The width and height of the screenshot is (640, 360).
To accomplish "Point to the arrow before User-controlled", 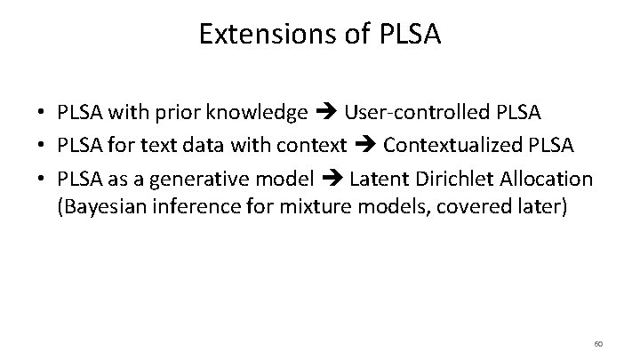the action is (x=325, y=114).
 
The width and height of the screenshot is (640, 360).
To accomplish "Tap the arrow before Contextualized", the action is (x=364, y=147).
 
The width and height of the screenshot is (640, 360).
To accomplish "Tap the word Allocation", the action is (x=541, y=179).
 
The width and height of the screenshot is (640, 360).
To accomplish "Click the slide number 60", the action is (x=598, y=343).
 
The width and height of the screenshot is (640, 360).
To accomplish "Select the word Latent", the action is (x=376, y=179).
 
